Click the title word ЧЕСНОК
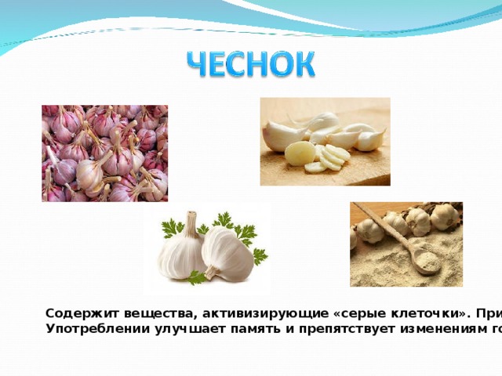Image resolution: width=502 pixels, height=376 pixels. (252, 64)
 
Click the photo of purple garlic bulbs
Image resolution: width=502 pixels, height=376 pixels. (104, 153)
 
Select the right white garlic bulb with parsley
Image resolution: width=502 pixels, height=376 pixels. (227, 255)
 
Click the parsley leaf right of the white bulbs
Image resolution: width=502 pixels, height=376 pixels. (259, 255)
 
